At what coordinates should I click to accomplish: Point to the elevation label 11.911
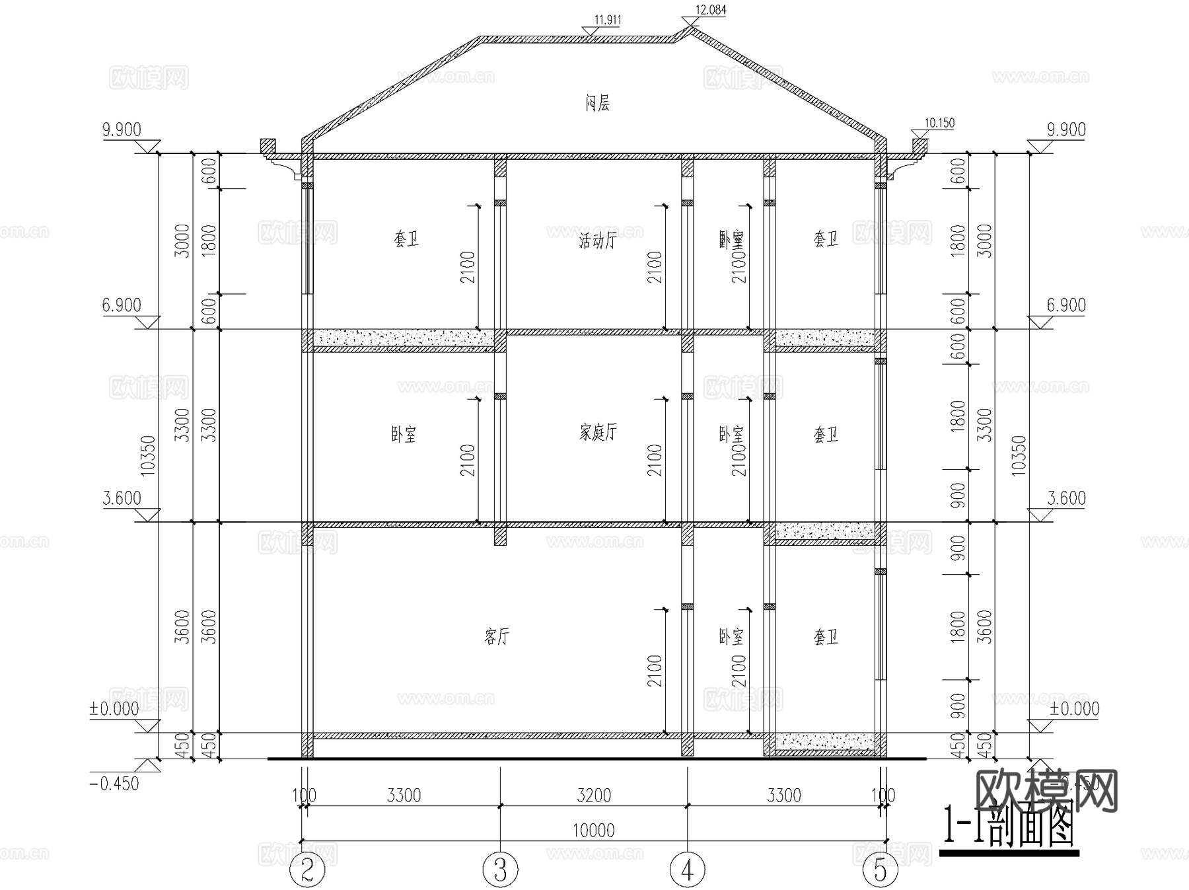[607, 20]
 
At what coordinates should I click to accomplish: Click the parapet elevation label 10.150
[939, 123]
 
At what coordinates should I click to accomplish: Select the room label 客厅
[497, 637]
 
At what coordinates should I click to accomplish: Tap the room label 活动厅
[597, 241]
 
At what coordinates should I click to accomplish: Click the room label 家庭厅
[598, 433]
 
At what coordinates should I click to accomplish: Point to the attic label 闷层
[597, 103]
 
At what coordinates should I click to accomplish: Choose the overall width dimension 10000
[594, 831]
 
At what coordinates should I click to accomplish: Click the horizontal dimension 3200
[594, 796]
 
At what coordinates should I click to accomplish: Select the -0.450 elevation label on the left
[113, 784]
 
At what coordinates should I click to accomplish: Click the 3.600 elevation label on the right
[1066, 498]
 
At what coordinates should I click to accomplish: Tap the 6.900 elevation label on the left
[122, 305]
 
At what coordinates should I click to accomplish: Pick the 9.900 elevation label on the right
[1066, 130]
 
